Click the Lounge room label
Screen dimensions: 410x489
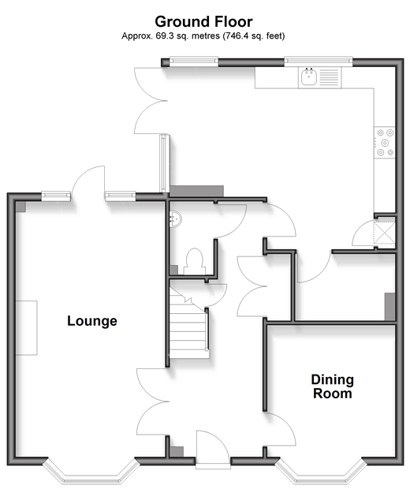click(92, 321)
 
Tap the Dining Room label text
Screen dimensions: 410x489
click(333, 386)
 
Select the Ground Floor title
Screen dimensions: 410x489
click(203, 21)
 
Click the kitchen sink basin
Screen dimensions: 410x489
click(309, 77)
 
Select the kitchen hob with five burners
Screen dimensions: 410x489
click(385, 143)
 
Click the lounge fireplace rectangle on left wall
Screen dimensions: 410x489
click(27, 328)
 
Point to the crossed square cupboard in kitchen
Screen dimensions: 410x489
click(385, 233)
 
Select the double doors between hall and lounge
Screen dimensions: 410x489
click(153, 401)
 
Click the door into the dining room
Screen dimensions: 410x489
click(280, 429)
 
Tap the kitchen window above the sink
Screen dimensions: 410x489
click(319, 62)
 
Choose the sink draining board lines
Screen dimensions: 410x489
click(329, 77)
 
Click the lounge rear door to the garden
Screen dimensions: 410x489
click(88, 182)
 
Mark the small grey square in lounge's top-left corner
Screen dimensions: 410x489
click(20, 207)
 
